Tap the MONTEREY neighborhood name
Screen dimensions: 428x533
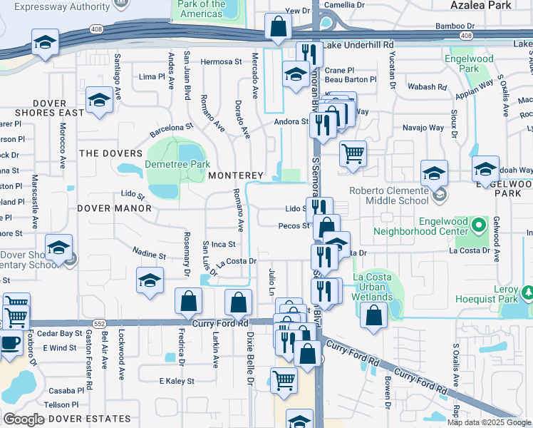pyautogui.click(x=236, y=175)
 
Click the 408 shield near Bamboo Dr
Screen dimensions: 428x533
pyautogui.click(x=466, y=35)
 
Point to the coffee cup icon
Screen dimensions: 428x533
pyautogui.click(x=10, y=343)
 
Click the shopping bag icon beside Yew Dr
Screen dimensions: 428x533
pyautogui.click(x=278, y=28)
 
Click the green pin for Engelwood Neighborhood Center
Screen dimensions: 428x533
pyautogui.click(x=480, y=226)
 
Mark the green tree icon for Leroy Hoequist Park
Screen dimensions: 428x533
pyautogui.click(x=528, y=292)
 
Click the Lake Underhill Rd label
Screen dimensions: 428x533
pyautogui.click(x=358, y=45)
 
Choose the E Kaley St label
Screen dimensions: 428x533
pyautogui.click(x=176, y=382)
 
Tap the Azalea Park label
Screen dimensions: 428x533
pyautogui.click(x=481, y=5)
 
